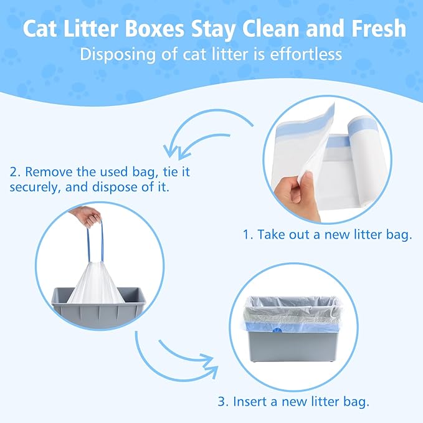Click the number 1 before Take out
click(247, 235)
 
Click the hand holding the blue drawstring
click(88, 216)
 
